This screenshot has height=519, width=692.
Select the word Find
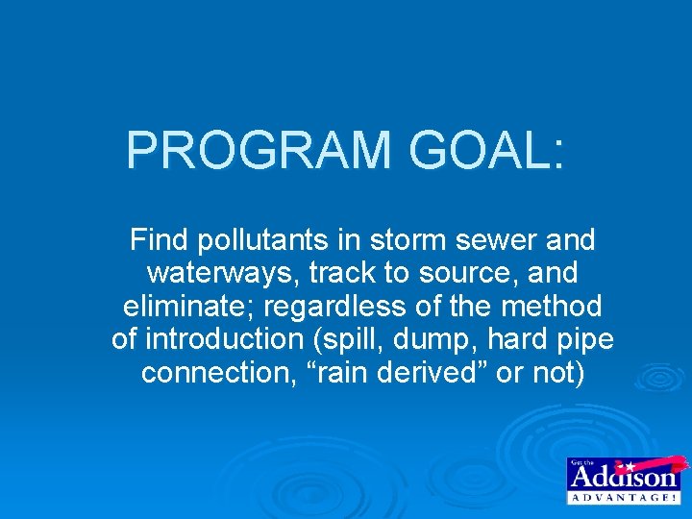coord(160,239)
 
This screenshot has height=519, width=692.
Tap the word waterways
coord(222,273)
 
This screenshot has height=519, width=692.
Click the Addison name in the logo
coord(624,476)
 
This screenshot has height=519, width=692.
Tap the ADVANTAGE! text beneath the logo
coord(624,498)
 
